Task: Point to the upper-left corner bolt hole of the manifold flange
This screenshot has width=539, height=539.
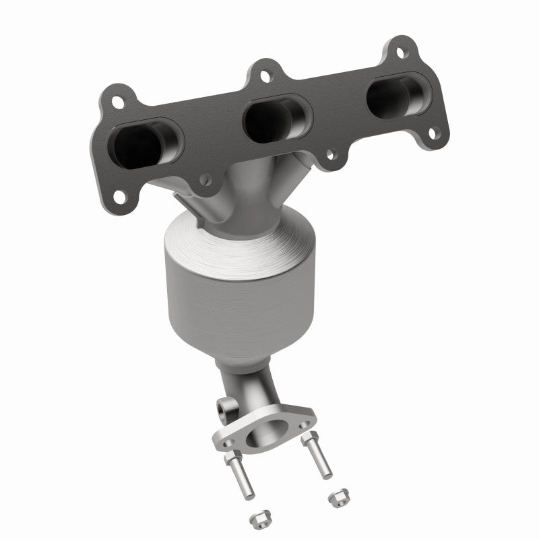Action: pos(119,102)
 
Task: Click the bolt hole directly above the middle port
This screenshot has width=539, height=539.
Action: pos(265,77)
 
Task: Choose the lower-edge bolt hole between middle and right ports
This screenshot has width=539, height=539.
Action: pos(331,155)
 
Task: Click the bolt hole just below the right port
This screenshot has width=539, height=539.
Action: pos(435,132)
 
